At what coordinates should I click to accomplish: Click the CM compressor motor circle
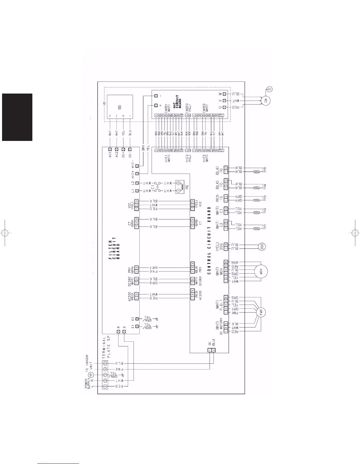pos(266,101)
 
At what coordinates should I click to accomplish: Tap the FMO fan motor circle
pos(261,312)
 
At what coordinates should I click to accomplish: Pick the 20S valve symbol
pos(262,247)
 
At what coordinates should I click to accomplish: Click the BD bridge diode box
pos(120,107)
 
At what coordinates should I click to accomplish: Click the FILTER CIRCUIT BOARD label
pos(114,248)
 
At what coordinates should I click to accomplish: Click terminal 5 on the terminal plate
pos(105,363)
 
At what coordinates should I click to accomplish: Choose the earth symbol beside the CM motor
pos(270,89)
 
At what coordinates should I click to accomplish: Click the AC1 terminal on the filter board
pos(110,149)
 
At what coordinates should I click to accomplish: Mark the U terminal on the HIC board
pos(224,107)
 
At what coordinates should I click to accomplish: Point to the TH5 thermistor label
pos(265,170)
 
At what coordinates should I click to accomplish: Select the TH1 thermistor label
pos(265,227)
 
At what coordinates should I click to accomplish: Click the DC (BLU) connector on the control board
pos(211,350)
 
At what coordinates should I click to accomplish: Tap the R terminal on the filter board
pos(119,332)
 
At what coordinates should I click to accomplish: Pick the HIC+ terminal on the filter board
pos(137,174)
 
